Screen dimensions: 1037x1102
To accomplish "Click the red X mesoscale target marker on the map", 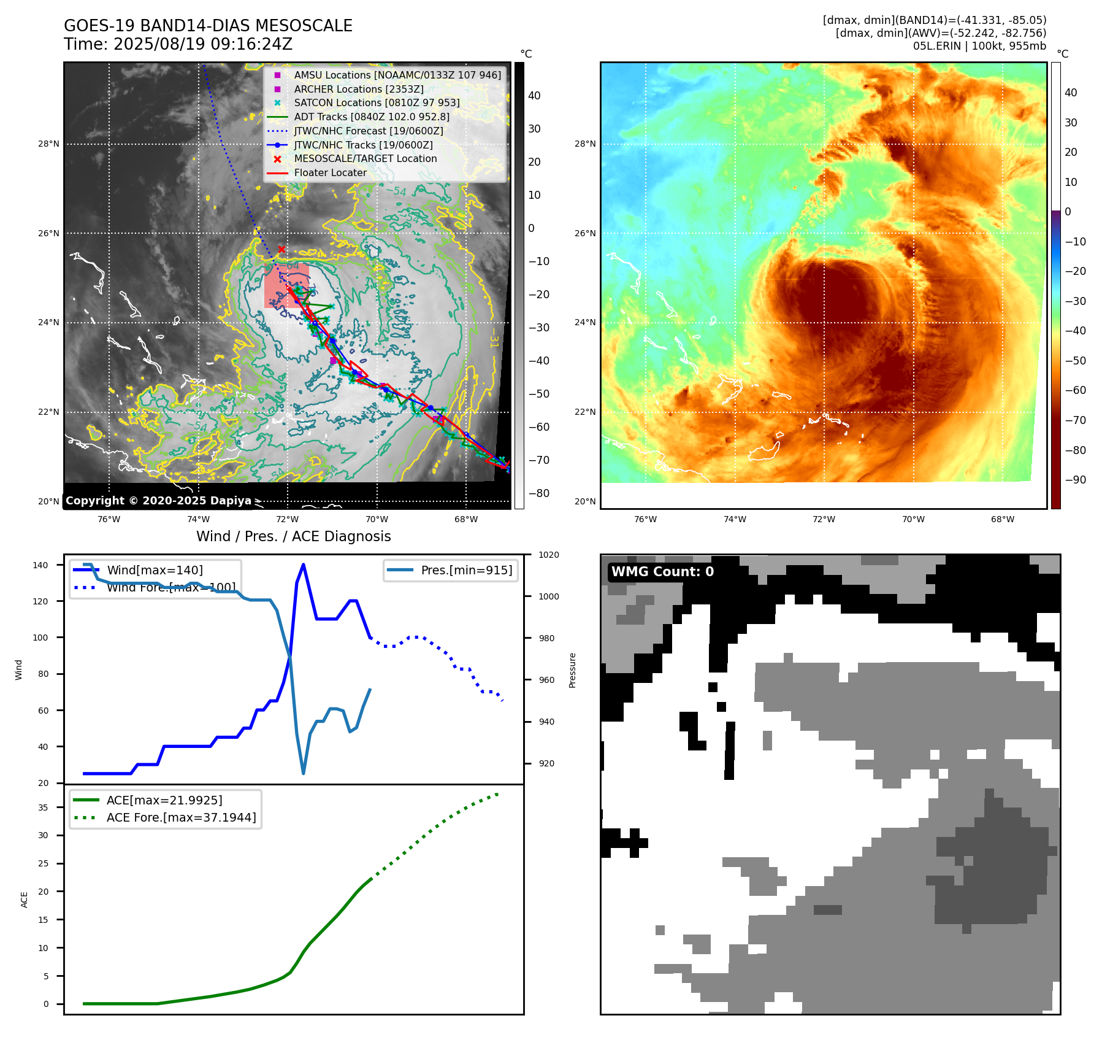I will [x=281, y=249].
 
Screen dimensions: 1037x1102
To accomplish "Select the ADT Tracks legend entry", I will [x=372, y=117].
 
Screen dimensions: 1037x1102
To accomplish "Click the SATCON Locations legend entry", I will [x=377, y=102].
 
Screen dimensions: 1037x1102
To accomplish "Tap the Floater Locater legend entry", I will [x=330, y=172].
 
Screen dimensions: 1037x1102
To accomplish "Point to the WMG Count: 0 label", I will [x=662, y=572].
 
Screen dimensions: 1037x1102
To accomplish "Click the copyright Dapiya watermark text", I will [x=158, y=501].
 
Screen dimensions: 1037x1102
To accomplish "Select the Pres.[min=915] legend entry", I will [x=466, y=570].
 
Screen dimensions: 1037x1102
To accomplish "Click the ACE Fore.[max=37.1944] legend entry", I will [x=181, y=817].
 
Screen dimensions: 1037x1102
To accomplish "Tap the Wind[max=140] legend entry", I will [x=155, y=570].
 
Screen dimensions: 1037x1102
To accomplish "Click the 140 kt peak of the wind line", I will [x=304, y=565].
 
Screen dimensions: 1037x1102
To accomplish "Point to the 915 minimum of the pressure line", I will [x=304, y=773].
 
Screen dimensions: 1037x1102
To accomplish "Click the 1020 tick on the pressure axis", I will [x=548, y=555].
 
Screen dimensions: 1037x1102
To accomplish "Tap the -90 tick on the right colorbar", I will [x=1075, y=480].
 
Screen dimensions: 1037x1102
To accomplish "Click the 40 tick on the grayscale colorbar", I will [x=534, y=96].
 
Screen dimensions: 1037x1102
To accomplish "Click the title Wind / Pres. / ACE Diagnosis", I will [x=293, y=536].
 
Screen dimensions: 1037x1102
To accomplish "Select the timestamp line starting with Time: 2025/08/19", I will [x=178, y=44].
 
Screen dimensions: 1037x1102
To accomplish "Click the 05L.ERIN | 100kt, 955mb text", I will [x=979, y=46].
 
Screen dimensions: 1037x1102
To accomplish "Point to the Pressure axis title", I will [x=572, y=670].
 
